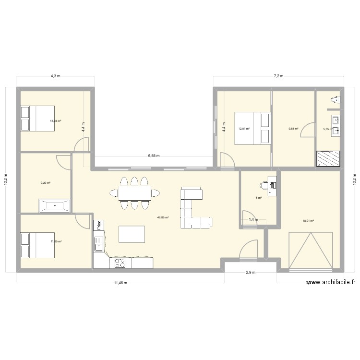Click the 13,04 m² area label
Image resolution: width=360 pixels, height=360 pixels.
[x=56, y=121]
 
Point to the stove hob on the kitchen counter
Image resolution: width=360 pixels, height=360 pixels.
[x=119, y=263]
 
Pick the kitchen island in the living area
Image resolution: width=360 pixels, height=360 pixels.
[x=131, y=235]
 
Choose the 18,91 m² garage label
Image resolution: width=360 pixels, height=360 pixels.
[x=308, y=221]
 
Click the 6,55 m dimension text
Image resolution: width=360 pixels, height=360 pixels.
[x=154, y=156]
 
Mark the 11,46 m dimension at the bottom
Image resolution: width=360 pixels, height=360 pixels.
[x=120, y=283]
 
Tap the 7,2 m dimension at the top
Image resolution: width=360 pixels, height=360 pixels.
[x=278, y=76]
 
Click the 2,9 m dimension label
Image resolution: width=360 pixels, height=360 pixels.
[x=250, y=273]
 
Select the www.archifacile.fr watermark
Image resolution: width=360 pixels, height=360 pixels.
[x=331, y=283]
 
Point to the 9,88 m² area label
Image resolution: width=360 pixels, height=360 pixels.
[x=293, y=129]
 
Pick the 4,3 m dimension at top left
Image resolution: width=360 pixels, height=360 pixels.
[x=55, y=76]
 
